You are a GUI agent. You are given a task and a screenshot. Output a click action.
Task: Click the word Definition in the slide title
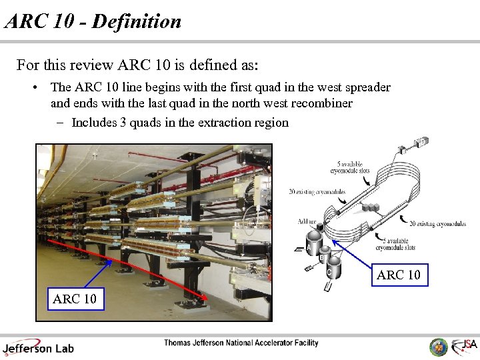137,21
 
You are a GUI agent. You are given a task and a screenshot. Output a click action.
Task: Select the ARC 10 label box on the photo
74,299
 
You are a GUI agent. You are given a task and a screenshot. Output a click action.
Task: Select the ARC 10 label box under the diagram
399,275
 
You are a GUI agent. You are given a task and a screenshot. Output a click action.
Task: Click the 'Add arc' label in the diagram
308,221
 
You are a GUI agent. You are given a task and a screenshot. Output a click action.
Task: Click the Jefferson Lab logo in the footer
38,347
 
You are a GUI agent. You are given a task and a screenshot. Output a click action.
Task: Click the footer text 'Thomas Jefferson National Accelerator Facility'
241,343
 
